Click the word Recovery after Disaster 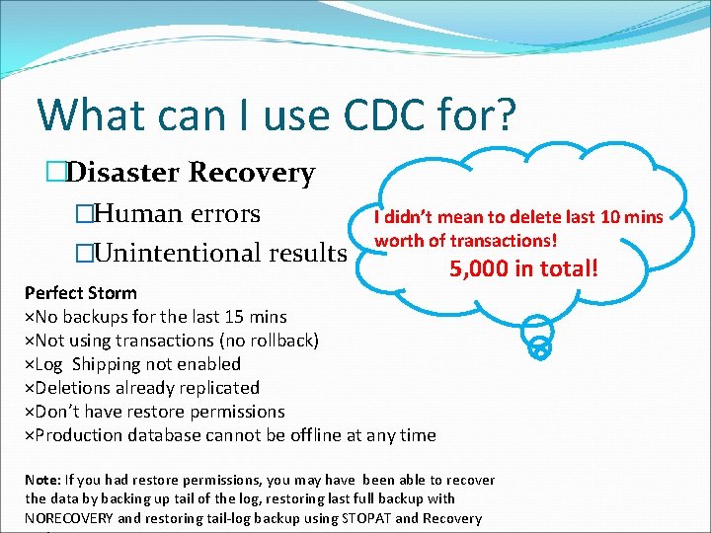(252, 173)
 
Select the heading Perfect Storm (81, 293)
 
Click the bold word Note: (45, 480)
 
